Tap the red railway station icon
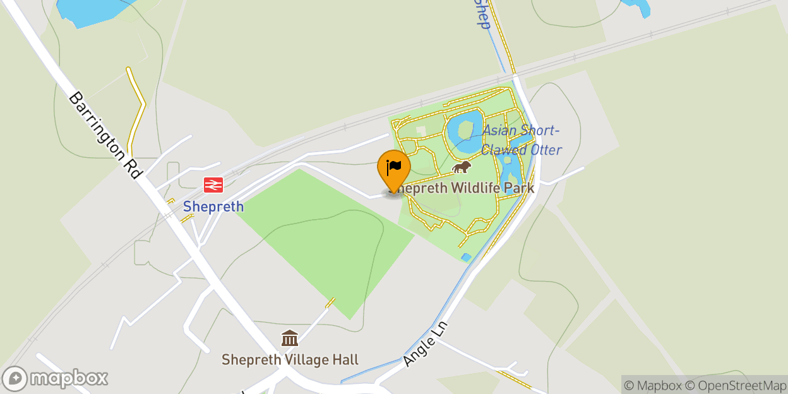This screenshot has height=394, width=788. click(213, 185)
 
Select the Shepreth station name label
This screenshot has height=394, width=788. click(213, 206)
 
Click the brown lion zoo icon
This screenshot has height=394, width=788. click(462, 168)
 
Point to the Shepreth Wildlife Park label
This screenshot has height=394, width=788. click(470, 188)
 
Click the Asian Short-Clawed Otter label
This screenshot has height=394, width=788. click(522, 140)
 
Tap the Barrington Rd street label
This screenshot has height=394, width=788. click(105, 134)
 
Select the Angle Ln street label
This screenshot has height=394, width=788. click(424, 345)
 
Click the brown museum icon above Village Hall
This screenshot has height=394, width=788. click(290, 338)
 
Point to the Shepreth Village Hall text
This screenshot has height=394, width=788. click(290, 360)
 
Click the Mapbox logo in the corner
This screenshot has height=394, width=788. click(56, 378)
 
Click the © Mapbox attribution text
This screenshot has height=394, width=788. click(654, 385)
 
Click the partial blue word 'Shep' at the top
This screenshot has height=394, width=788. click(482, 14)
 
